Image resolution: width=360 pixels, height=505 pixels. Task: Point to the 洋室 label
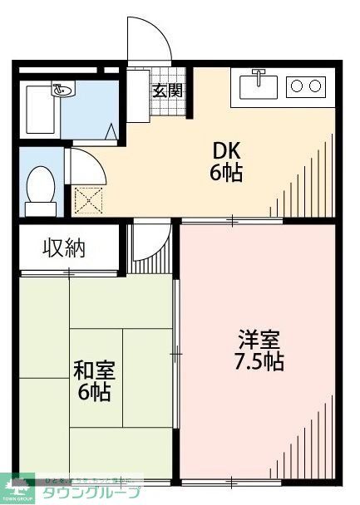pyautogui.click(x=259, y=341)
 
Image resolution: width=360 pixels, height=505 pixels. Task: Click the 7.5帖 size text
pyautogui.click(x=259, y=362)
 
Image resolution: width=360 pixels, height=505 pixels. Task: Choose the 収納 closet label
pyautogui.click(x=64, y=248)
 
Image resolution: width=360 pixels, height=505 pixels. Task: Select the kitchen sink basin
pyautogui.click(x=260, y=86)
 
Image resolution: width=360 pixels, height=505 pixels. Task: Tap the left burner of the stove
pyautogui.click(x=297, y=85)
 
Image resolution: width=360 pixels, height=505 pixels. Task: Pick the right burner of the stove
pyautogui.click(x=315, y=85)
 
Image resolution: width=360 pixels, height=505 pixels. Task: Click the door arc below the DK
pyautogui.click(x=150, y=241)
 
